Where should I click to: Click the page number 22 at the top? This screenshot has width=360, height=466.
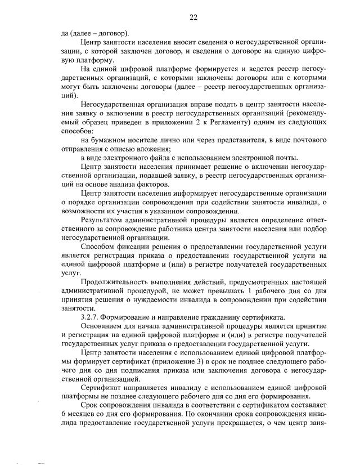[192, 17]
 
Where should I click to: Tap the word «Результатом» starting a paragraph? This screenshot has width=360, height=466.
[103, 218]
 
